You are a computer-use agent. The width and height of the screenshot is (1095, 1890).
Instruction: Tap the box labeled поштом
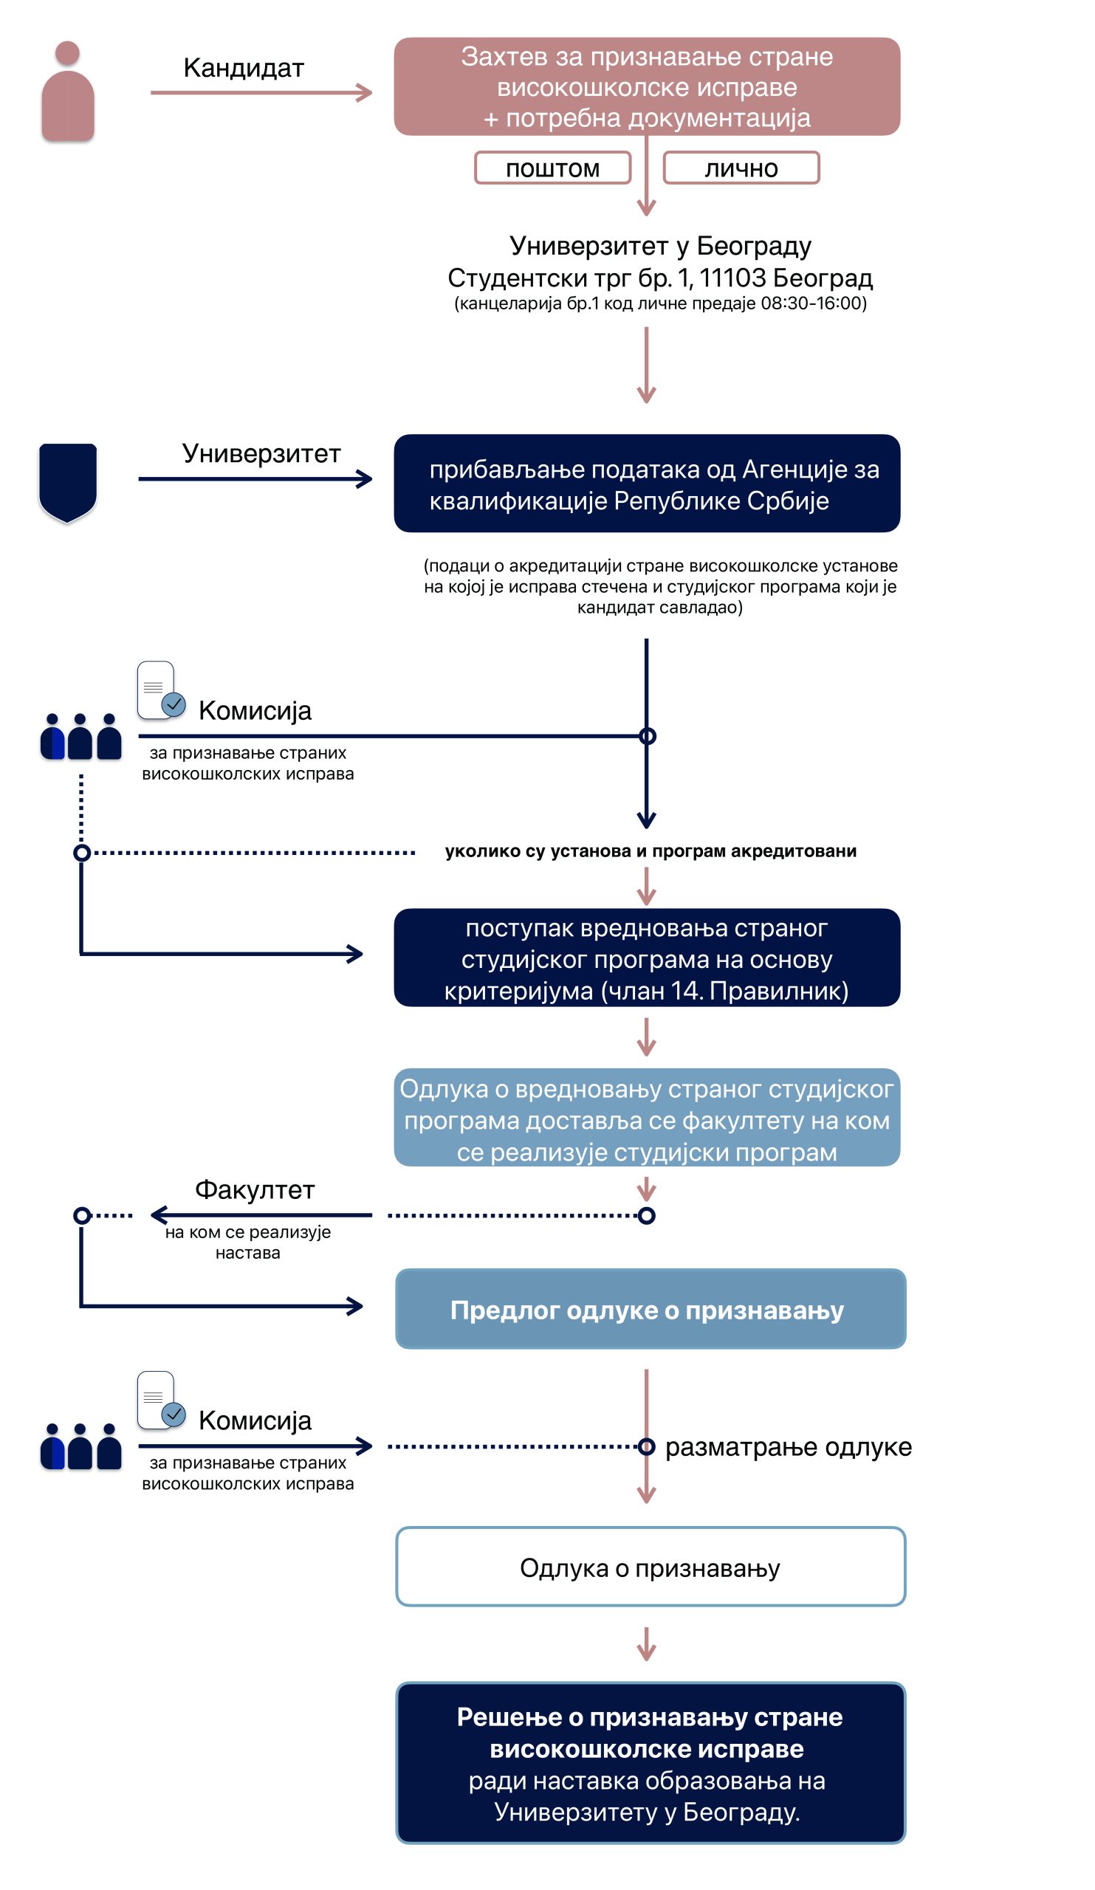click(x=553, y=168)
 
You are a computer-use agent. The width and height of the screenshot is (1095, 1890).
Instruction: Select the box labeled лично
click(x=741, y=168)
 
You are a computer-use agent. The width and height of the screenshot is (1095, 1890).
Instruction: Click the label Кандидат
click(x=244, y=68)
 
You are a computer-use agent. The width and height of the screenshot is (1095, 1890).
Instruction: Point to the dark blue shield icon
click(x=67, y=482)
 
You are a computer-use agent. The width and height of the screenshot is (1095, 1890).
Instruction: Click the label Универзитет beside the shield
click(x=261, y=454)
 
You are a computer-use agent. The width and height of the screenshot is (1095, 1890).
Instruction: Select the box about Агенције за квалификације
click(x=647, y=484)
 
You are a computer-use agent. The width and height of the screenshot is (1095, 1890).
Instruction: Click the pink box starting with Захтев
click(x=647, y=86)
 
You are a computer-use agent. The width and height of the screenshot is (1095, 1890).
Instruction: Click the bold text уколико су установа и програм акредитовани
click(x=651, y=851)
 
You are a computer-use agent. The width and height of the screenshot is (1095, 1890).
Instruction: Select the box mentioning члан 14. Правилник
click(x=647, y=958)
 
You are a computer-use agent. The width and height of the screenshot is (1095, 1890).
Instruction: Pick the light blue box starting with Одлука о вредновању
click(x=647, y=1118)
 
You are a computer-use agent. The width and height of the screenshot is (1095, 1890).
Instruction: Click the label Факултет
click(x=255, y=1190)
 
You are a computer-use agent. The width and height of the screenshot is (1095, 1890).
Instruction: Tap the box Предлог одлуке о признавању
click(x=651, y=1310)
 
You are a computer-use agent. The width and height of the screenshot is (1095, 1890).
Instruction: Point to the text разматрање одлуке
click(x=789, y=1447)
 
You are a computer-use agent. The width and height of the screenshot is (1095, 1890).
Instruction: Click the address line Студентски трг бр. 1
click(x=660, y=278)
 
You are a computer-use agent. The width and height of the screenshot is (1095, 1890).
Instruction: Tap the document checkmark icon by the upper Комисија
click(x=161, y=690)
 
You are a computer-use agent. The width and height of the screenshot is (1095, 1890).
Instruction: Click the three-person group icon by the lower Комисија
click(x=81, y=1447)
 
